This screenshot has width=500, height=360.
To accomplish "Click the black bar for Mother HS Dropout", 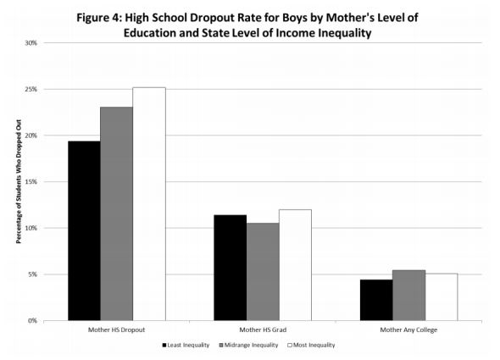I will (84, 231).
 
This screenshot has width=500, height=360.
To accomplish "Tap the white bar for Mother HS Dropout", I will (148, 204).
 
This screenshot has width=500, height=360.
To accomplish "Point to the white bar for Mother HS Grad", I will (295, 265).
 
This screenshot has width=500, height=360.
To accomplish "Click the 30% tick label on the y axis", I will (30, 42).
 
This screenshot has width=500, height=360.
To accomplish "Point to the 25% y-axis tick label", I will (30, 89).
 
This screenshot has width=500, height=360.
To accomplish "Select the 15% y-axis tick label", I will (30, 182).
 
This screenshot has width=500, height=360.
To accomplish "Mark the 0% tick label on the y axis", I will (31, 321).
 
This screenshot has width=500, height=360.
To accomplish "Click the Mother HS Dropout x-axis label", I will (116, 330).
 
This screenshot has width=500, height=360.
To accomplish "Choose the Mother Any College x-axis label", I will (408, 330).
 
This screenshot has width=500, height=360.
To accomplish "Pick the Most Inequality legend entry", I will (314, 346).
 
